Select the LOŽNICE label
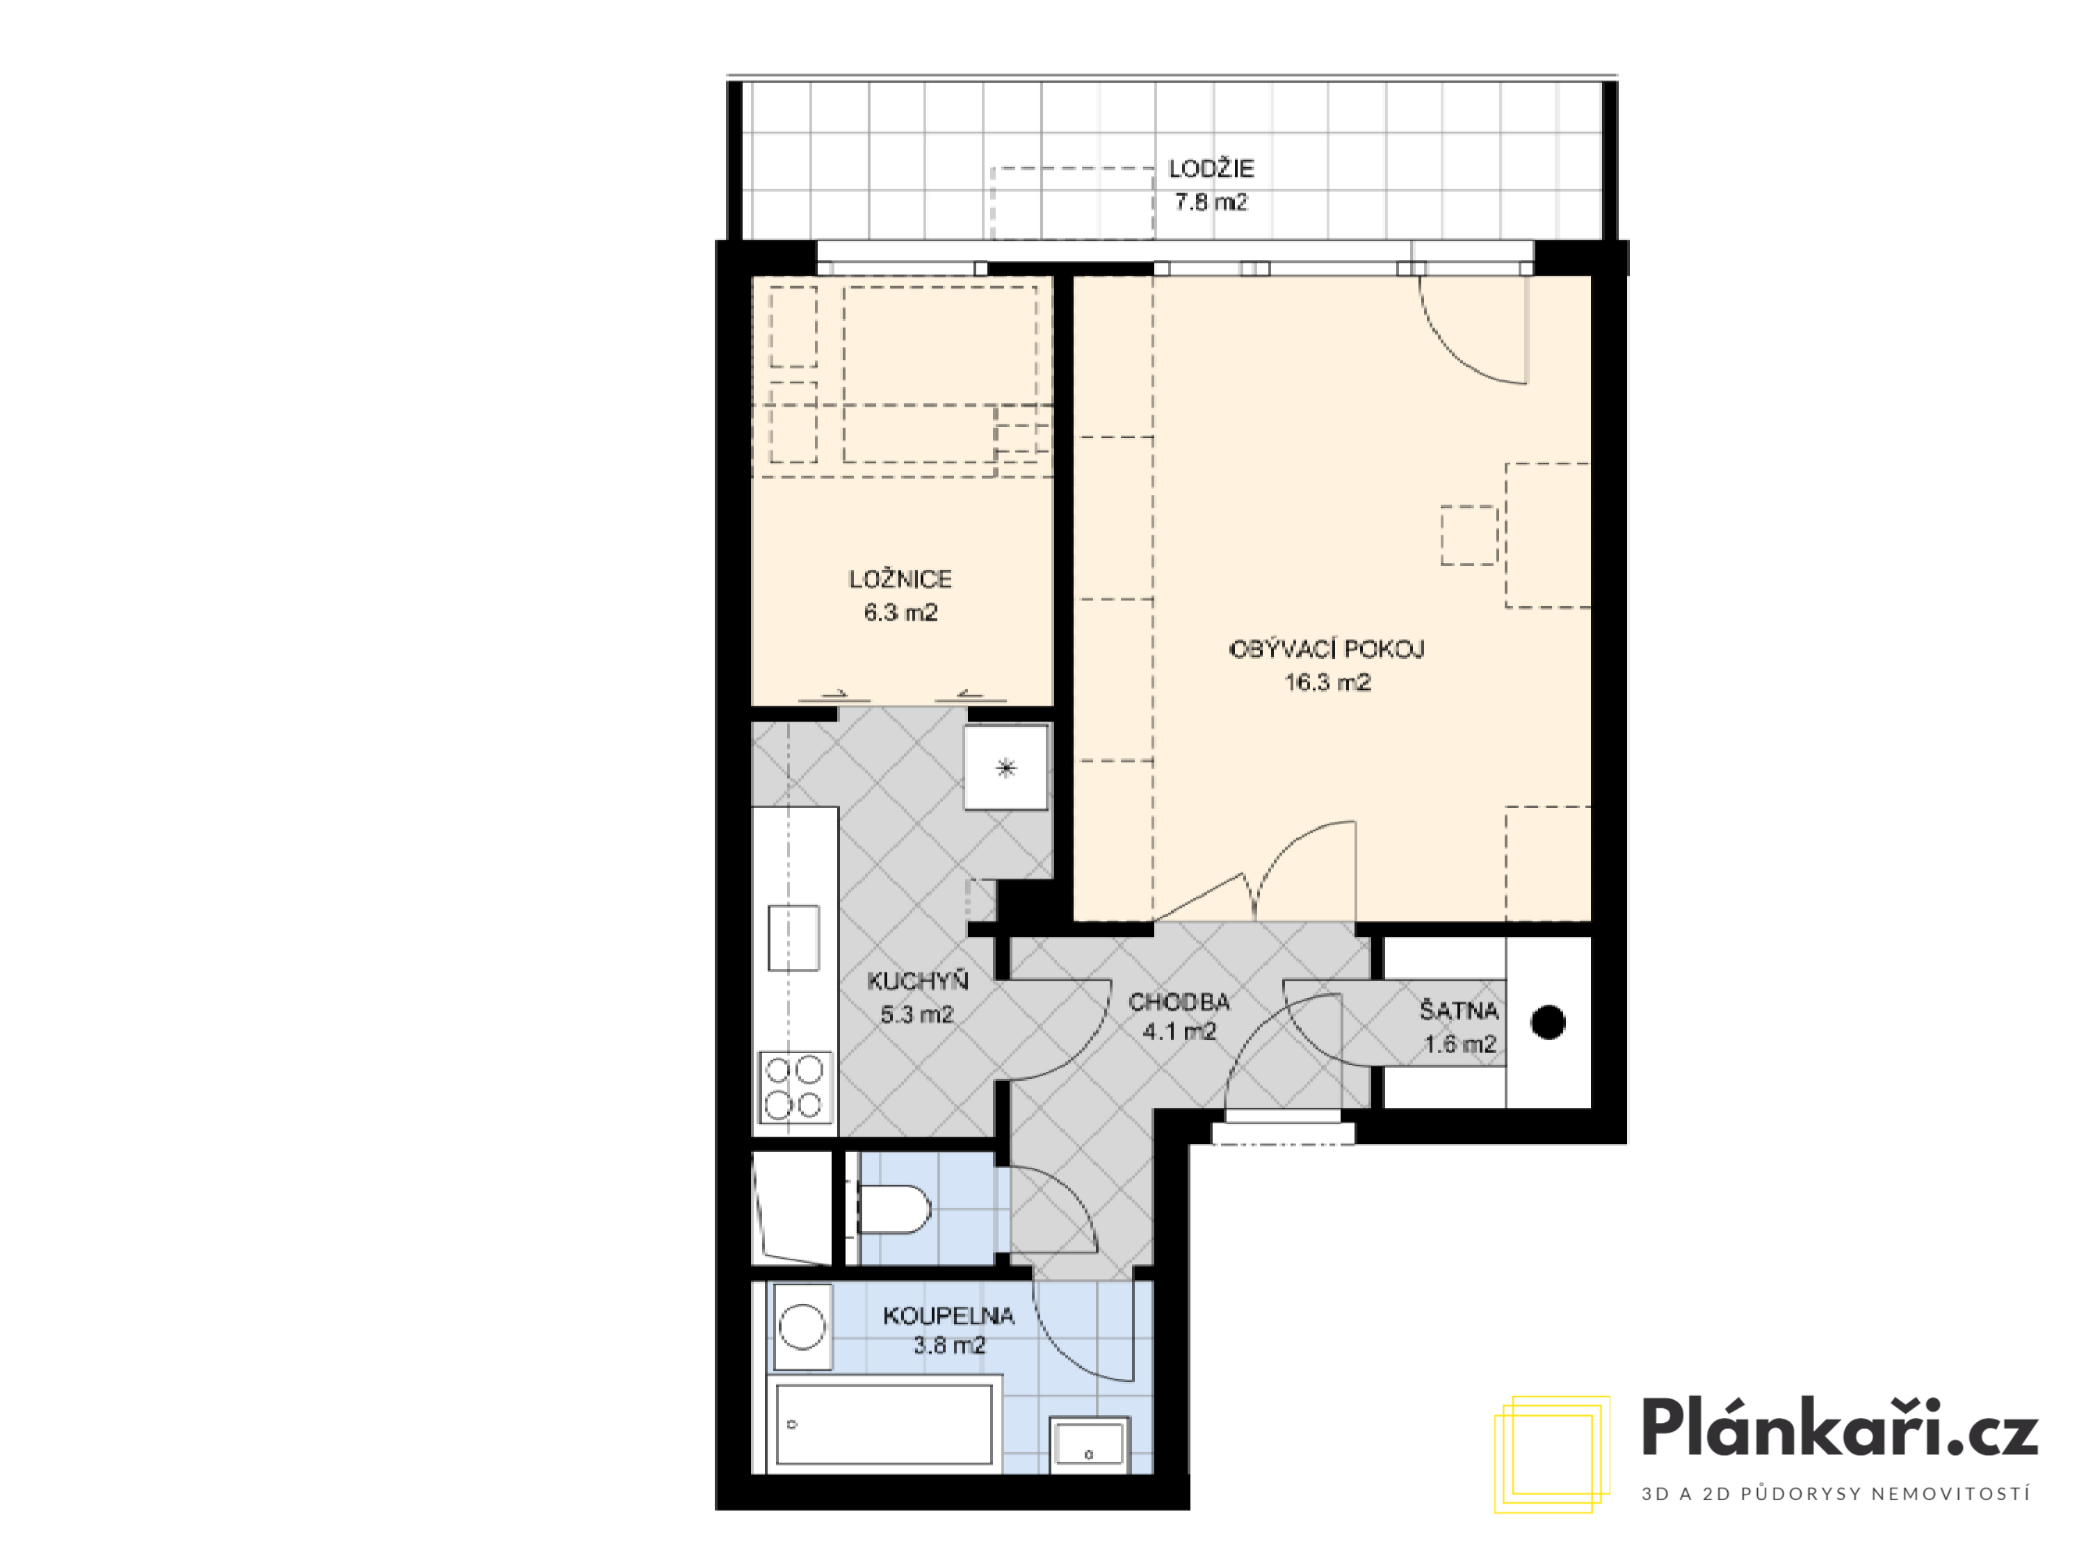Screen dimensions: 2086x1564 click(x=900, y=579)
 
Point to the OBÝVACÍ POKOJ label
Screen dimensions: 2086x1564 click(x=1327, y=649)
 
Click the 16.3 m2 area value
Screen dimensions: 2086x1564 click(x=1327, y=683)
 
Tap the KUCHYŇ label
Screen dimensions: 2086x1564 click(x=918, y=981)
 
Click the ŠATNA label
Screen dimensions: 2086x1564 click(x=1459, y=1011)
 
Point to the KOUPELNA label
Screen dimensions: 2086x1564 click(x=948, y=1316)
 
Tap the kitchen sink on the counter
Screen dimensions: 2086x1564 click(x=794, y=938)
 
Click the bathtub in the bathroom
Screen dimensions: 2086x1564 click(x=884, y=1424)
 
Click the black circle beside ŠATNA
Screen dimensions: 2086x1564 click(x=1549, y=1022)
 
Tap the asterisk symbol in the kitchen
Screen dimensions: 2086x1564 click(x=1006, y=768)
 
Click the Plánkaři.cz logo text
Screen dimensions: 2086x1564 click(x=1840, y=1428)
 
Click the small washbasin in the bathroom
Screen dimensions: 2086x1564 click(x=1089, y=1444)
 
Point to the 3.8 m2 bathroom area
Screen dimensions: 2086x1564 click(x=948, y=1345)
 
